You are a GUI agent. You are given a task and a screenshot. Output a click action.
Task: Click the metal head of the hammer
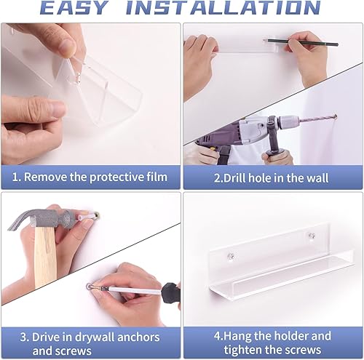pyautogui.click(x=40, y=218)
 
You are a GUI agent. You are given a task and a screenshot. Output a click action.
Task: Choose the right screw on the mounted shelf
pyautogui.click(x=310, y=236)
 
